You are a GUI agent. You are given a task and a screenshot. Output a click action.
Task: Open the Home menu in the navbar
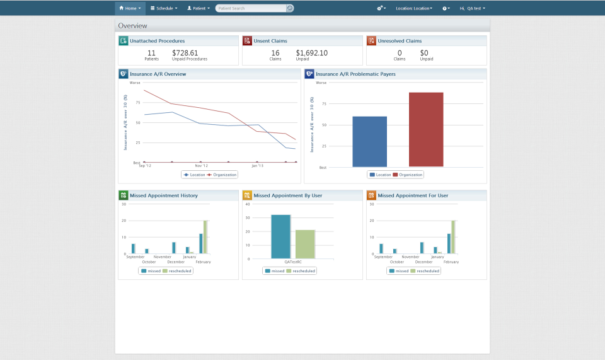pyautogui.click(x=130, y=8)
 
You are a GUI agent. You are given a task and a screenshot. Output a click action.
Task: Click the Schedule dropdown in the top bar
pyautogui.click(x=164, y=8)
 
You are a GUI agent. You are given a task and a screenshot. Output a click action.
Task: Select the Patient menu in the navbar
pyautogui.click(x=199, y=8)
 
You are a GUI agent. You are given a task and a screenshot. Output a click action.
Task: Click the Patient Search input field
pyautogui.click(x=251, y=8)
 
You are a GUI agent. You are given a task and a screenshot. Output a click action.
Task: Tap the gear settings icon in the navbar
pyautogui.click(x=381, y=8)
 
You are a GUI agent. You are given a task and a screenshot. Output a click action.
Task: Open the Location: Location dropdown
pyautogui.click(x=414, y=8)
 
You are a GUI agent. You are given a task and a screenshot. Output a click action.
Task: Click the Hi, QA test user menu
pyautogui.click(x=472, y=8)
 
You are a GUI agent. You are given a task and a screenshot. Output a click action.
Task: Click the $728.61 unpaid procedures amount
pyautogui.click(x=185, y=53)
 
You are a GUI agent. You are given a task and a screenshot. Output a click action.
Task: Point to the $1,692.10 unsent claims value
pyautogui.click(x=311, y=53)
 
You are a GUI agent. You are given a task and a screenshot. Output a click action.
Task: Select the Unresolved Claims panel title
pyautogui.click(x=400, y=41)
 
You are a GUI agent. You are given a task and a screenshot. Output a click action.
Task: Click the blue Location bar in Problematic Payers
pyautogui.click(x=369, y=141)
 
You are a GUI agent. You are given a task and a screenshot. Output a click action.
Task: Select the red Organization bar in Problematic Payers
pyautogui.click(x=426, y=129)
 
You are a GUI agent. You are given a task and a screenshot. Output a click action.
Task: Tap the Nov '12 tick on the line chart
pyautogui.click(x=200, y=165)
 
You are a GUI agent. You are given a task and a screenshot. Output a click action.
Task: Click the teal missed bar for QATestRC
pyautogui.click(x=280, y=236)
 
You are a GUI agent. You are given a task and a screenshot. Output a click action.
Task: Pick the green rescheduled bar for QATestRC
pyautogui.click(x=305, y=244)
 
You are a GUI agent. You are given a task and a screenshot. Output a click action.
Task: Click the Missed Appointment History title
pyautogui.click(x=163, y=195)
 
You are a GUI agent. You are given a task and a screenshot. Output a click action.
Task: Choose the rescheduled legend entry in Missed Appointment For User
pyautogui.click(x=427, y=270)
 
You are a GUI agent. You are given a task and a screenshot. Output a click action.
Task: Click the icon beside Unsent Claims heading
pyautogui.click(x=247, y=41)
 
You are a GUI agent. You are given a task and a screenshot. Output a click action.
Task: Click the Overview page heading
pyautogui.click(x=132, y=26)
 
